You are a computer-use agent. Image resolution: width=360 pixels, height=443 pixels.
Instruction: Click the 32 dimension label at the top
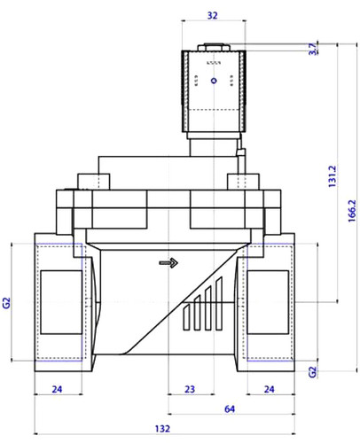click(x=212, y=15)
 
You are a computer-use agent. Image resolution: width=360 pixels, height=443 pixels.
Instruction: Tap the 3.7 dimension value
click(x=313, y=49)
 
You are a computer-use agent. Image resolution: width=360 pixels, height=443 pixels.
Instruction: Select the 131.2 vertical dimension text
click(x=333, y=176)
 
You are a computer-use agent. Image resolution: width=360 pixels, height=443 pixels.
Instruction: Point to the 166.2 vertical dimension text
click(x=352, y=211)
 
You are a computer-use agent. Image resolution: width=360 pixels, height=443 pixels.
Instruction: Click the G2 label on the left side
click(x=6, y=303)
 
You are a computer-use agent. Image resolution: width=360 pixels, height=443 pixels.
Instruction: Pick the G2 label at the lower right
click(x=312, y=372)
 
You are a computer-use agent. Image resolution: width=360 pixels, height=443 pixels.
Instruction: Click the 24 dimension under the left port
click(x=57, y=389)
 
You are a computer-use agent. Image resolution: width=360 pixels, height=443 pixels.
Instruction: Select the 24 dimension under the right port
click(x=269, y=389)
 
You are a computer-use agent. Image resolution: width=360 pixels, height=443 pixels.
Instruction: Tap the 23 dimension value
click(x=190, y=389)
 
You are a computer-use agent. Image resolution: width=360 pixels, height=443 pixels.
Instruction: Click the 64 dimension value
click(x=230, y=409)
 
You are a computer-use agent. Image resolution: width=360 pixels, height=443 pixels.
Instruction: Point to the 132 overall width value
click(x=162, y=429)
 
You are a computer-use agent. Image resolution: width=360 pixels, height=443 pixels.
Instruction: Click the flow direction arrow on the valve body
click(x=168, y=262)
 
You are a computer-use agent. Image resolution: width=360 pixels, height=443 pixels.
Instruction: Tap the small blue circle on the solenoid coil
click(x=214, y=81)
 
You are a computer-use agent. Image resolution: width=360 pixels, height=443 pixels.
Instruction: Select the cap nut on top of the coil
click(x=214, y=47)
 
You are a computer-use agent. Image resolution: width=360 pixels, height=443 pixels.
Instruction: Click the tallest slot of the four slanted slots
click(x=219, y=303)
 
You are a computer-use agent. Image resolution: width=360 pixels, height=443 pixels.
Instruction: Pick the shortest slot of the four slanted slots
click(x=186, y=317)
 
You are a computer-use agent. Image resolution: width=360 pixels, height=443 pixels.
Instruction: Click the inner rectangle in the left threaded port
click(x=61, y=302)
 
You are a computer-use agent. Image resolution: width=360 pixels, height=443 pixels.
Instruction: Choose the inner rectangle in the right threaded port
click(x=268, y=302)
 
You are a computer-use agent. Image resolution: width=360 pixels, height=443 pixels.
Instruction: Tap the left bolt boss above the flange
click(x=94, y=182)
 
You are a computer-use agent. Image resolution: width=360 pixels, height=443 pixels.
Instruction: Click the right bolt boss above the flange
click(x=243, y=182)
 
